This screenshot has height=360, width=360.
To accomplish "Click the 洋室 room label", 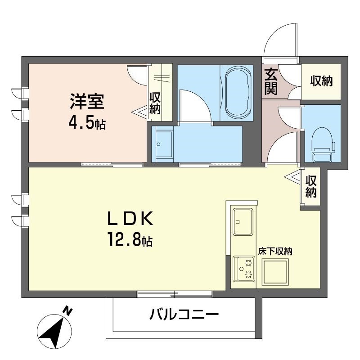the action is coord(87,102).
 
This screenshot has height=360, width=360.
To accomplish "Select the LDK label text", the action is coord(130,218).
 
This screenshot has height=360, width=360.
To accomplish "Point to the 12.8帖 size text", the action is coord(130,239).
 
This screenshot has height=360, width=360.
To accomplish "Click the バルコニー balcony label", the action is coord(184,314).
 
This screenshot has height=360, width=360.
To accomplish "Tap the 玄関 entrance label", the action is coord(271,81).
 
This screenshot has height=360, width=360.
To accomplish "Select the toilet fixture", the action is coord(323,144).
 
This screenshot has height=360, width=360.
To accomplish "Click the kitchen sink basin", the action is coord(243,221).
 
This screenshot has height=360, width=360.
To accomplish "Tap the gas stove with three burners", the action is coord(243,269).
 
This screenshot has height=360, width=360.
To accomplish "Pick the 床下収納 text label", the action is coord(275,252).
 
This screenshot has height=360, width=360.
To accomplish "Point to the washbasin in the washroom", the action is coord(164,144).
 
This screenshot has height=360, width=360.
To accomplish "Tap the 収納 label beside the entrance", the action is coord(321,81).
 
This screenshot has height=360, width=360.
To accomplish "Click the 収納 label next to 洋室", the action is coord(155,103).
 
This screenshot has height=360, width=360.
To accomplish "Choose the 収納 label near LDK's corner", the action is coord(311,186).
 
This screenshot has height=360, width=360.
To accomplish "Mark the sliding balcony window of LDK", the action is coord(175,294).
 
